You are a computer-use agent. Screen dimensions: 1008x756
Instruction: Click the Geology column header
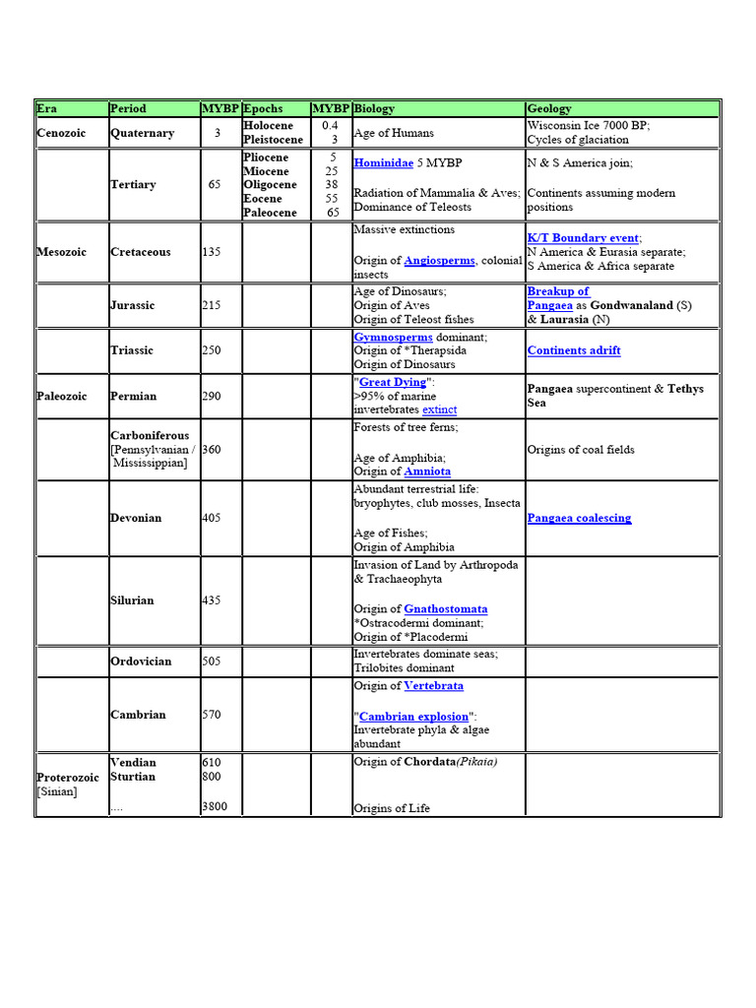[x=549, y=108]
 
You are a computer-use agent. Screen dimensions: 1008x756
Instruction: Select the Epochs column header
[x=263, y=108]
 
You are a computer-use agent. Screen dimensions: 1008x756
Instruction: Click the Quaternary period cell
[x=142, y=133]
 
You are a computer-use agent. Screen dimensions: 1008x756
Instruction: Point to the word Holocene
[x=268, y=126]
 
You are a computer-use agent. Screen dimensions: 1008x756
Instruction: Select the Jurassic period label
[x=132, y=305]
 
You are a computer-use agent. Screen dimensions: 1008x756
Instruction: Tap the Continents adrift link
[x=574, y=350]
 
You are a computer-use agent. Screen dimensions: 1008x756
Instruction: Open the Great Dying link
[x=391, y=382]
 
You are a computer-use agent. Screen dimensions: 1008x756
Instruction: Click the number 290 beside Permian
[x=212, y=396]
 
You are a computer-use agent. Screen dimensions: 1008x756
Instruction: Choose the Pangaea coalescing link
[x=579, y=518]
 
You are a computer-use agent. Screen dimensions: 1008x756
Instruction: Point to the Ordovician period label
[x=141, y=661]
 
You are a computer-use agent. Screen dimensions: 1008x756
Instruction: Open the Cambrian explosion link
[x=413, y=717]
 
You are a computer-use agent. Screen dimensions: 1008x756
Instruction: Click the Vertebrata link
[x=433, y=686]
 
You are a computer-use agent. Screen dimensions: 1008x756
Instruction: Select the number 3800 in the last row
[x=215, y=807]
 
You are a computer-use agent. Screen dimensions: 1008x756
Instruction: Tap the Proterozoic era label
[x=68, y=778]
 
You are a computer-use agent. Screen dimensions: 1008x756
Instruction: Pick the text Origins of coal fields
[x=581, y=450]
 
